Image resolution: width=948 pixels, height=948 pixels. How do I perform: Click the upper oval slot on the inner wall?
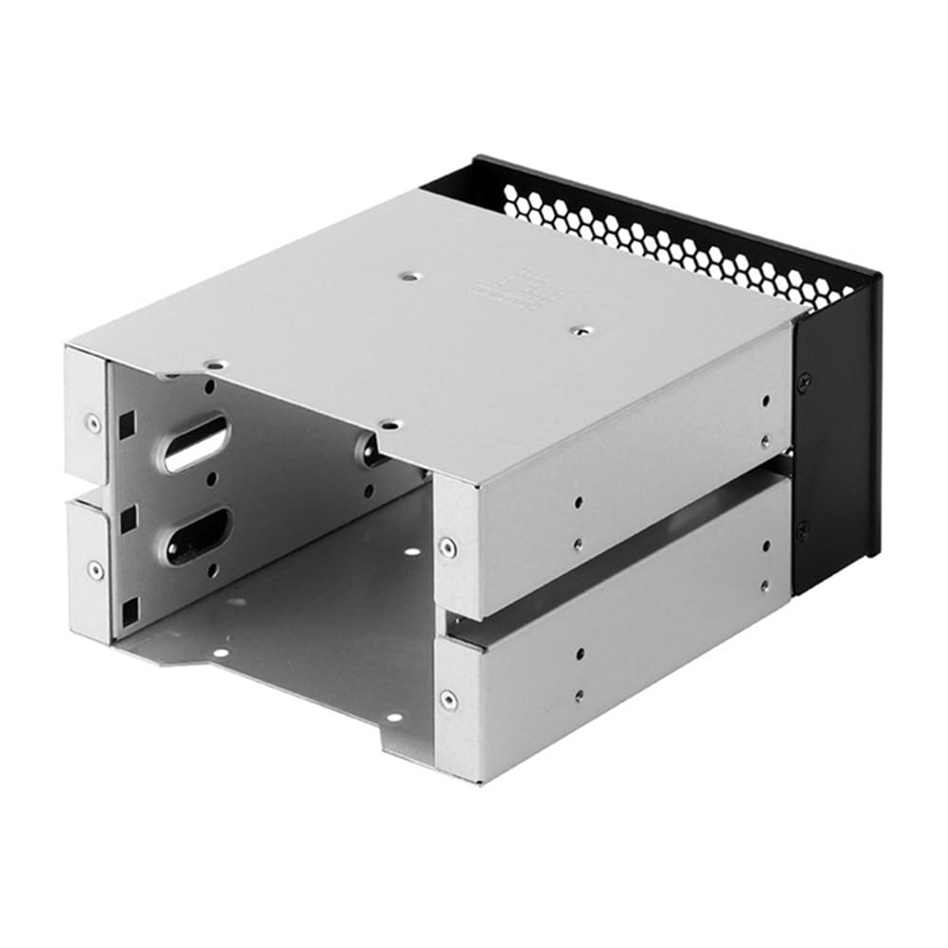pos(196,442)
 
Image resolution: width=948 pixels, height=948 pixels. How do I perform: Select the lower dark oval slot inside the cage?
pos(197,535)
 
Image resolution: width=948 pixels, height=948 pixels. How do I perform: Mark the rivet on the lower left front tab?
pos(95,569)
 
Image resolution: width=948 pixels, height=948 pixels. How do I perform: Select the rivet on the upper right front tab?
pos(446,546)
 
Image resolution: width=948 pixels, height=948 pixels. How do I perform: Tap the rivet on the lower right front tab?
pos(447,700)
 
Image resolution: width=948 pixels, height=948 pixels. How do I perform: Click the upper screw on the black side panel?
pos(804,381)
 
